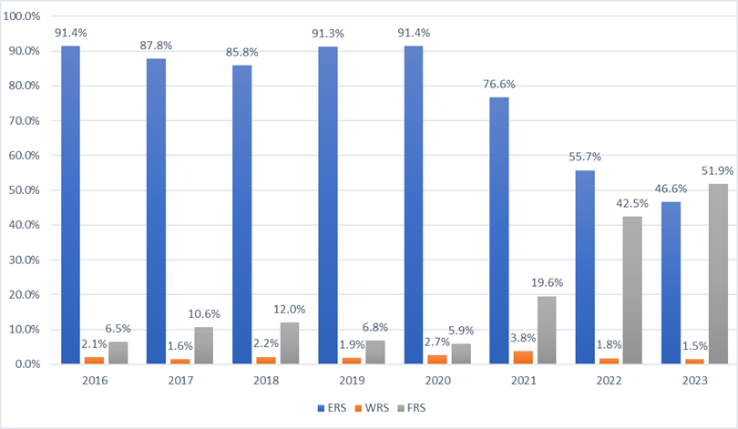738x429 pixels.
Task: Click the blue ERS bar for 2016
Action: coord(70,205)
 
